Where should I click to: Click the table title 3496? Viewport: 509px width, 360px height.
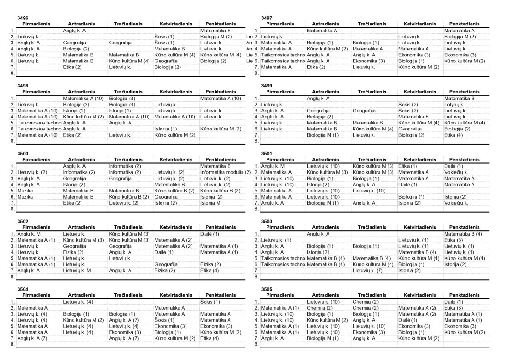coord(23,18)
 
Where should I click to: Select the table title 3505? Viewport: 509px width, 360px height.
coord(267,289)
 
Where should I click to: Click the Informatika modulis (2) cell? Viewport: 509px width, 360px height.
coord(226,172)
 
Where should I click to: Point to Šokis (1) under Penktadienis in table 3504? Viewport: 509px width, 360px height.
coord(211,302)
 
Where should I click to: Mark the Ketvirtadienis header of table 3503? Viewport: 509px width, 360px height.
coord(420,227)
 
